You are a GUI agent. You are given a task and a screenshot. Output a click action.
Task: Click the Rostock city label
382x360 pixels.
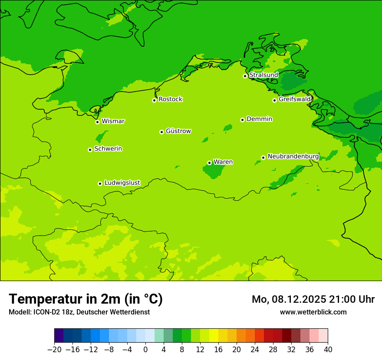[x=170, y=99]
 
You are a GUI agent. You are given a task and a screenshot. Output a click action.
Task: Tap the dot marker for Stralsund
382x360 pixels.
[x=245, y=76]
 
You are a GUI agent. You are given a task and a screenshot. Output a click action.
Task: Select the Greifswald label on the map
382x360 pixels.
[x=294, y=99]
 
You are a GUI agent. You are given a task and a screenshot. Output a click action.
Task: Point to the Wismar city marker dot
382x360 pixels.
[x=97, y=122]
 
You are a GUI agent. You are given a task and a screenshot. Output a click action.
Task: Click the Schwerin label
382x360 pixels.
[x=108, y=149]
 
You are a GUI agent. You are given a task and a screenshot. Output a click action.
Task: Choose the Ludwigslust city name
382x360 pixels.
[x=122, y=183]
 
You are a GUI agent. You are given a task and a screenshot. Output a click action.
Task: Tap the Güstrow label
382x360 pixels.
[x=178, y=131]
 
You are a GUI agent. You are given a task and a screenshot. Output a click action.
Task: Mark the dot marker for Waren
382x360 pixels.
[x=209, y=163]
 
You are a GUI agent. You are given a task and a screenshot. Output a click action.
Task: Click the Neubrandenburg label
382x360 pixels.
[x=293, y=157]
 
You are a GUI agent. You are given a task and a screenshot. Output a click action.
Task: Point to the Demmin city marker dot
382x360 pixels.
[x=242, y=120]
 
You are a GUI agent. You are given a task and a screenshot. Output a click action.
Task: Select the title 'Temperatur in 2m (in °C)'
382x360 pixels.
[x=86, y=299]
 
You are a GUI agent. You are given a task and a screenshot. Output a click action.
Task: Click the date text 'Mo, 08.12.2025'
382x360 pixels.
[x=289, y=299]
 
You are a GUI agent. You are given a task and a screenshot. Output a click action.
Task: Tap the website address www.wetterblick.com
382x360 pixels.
[x=313, y=312]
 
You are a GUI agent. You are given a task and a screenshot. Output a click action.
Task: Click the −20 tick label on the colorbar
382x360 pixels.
[x=54, y=350]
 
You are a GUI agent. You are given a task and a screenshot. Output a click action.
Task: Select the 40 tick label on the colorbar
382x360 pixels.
[x=328, y=350]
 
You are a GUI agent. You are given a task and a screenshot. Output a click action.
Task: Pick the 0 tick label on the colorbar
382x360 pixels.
[x=145, y=350]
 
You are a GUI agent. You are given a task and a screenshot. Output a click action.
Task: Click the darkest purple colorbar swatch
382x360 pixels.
[x=59, y=336]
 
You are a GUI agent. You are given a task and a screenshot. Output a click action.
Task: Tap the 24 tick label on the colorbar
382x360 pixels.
[x=255, y=350]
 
